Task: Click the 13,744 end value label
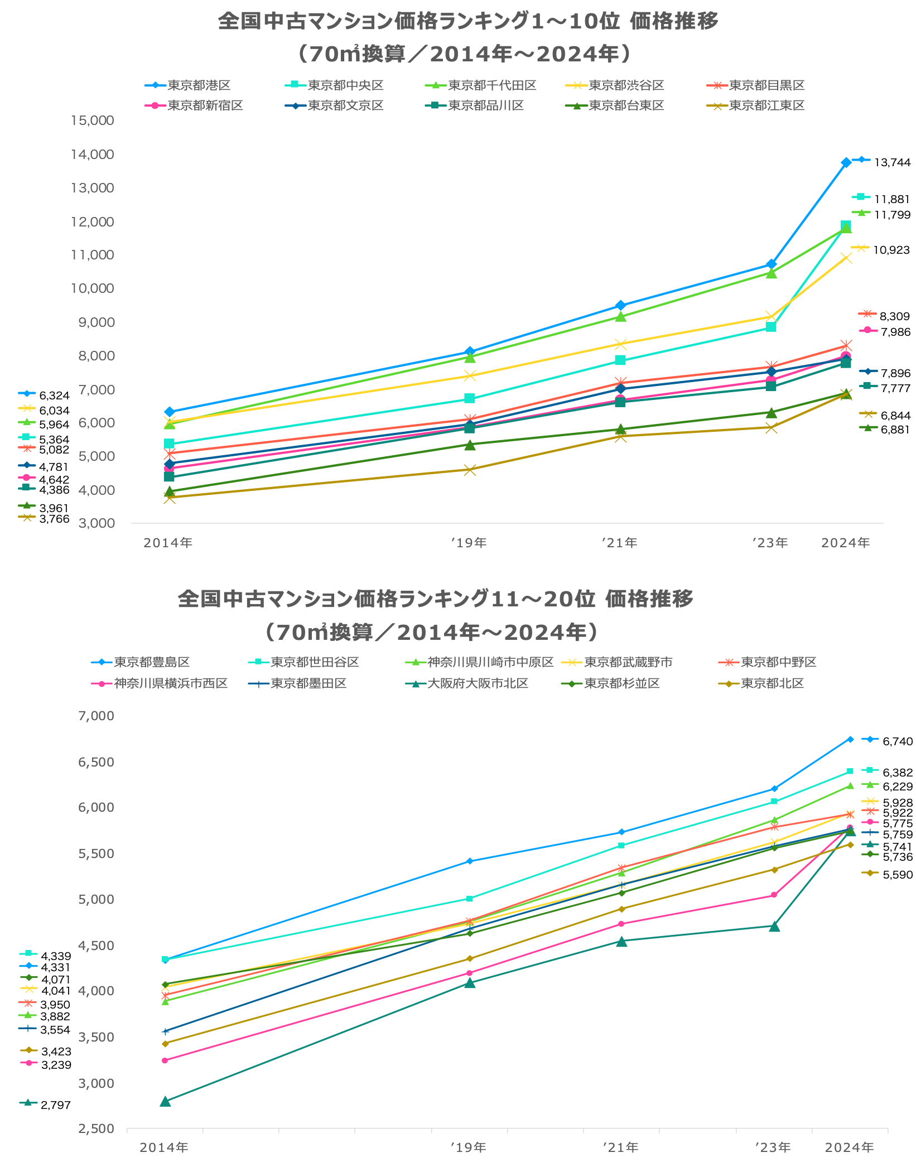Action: (x=892, y=162)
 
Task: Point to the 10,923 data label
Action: (x=891, y=250)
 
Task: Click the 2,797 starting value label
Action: (x=55, y=1105)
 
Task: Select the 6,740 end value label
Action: (x=897, y=741)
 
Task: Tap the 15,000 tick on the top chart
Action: (x=92, y=120)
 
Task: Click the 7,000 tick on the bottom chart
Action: (x=95, y=716)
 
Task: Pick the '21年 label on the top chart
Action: (x=620, y=543)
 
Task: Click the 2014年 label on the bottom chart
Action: (x=164, y=1147)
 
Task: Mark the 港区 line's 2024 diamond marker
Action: (x=846, y=163)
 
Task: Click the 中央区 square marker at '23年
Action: (x=771, y=327)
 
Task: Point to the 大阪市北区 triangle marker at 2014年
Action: (x=165, y=1101)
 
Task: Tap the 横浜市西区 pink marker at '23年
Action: (x=774, y=895)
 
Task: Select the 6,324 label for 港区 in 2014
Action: (x=54, y=396)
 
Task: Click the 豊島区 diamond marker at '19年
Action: (x=470, y=861)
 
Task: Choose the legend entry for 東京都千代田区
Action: (x=492, y=85)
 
